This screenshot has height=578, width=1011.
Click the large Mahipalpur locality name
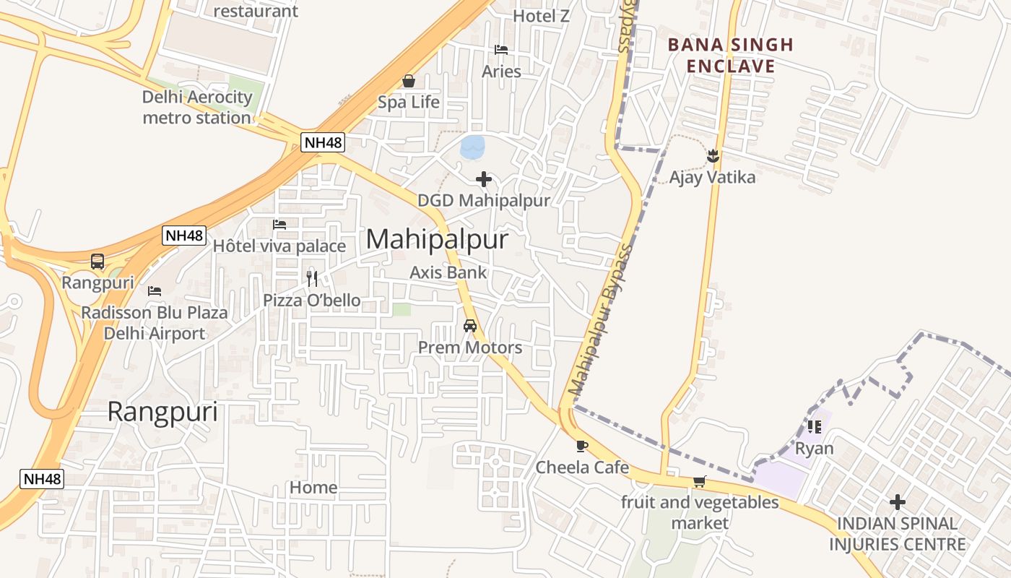tap(437, 240)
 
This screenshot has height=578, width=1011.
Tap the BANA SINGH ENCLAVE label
tap(730, 56)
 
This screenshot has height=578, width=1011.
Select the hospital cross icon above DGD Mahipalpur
tap(484, 179)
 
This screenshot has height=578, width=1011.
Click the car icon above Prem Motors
tap(470, 326)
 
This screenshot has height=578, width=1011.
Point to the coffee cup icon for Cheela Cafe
tap(582, 446)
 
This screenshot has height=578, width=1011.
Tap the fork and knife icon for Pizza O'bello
tap(312, 278)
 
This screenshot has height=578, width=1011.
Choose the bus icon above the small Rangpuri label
tap(97, 262)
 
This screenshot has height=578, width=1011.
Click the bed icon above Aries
tap(501, 50)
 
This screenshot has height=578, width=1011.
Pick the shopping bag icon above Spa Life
tap(409, 81)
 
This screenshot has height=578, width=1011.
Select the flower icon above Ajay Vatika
tap(713, 155)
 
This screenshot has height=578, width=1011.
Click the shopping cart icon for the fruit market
tap(699, 481)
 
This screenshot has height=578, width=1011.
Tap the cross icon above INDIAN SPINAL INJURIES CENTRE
tap(897, 501)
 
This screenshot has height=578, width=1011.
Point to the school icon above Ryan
tap(815, 427)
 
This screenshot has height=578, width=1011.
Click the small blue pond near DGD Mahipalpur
tap(472, 147)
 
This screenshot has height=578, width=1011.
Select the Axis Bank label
tap(448, 272)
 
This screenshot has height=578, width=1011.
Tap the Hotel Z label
tap(541, 15)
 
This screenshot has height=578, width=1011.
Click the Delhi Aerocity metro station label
tap(197, 107)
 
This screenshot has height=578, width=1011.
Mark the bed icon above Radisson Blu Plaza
tap(155, 291)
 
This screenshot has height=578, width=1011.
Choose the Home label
tap(313, 488)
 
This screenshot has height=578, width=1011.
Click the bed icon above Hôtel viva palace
tap(279, 225)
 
